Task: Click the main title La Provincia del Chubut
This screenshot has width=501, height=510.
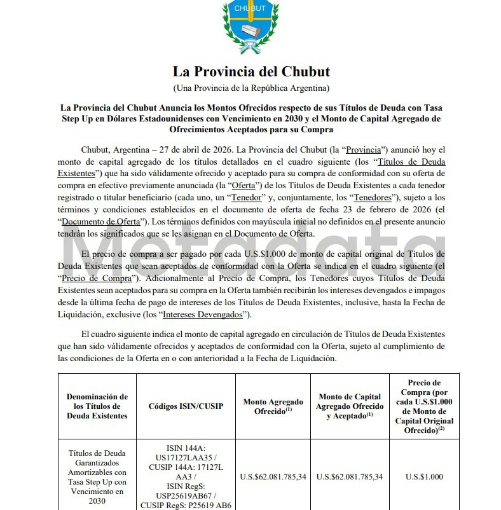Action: click(x=251, y=71)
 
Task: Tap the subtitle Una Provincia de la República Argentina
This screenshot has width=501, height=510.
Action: click(x=251, y=87)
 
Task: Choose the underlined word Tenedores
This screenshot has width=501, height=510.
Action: click(x=373, y=196)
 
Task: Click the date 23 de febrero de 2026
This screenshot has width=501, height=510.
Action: click(x=356, y=209)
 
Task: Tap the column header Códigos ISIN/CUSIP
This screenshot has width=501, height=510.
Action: click(x=186, y=406)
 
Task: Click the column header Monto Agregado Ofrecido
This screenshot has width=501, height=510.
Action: click(x=273, y=406)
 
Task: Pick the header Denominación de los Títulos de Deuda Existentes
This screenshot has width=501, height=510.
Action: click(x=97, y=406)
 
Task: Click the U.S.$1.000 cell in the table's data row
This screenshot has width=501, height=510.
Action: click(x=425, y=476)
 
